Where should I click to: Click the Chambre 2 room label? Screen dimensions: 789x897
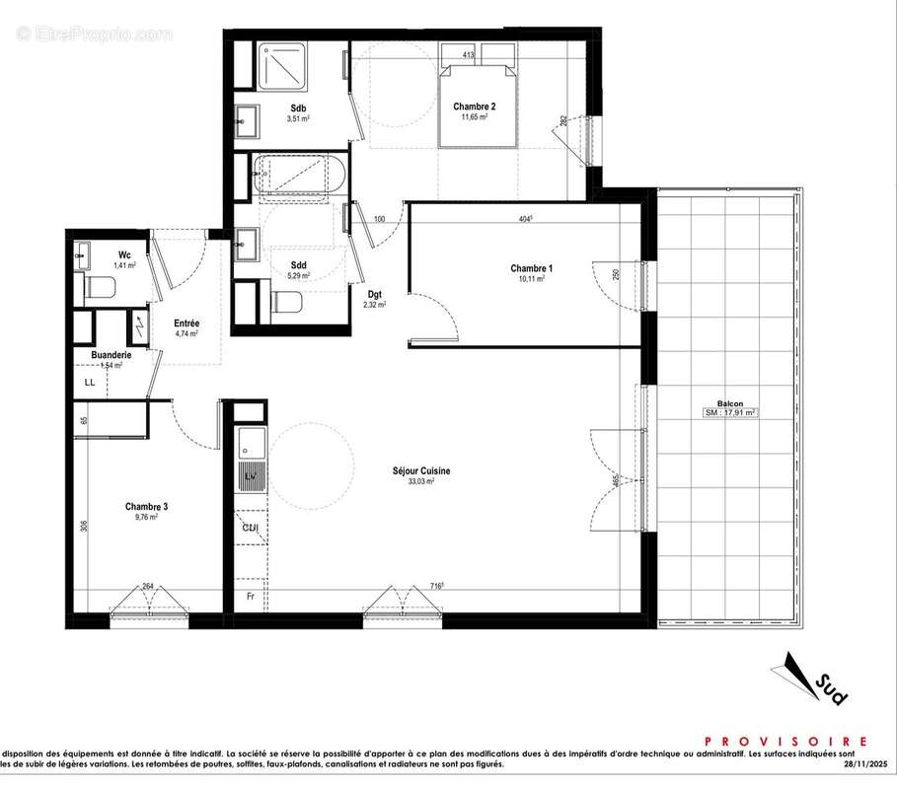pos(474,107)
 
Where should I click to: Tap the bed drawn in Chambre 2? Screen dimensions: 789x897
pos(478,99)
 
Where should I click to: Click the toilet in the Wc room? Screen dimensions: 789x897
pos(100,288)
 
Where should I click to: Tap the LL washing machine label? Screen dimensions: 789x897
pos(90,381)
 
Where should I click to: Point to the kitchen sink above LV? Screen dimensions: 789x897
pos(252,445)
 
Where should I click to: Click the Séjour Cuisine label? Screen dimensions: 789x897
pos(420,471)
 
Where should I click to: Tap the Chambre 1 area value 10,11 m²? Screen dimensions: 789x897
pos(532,279)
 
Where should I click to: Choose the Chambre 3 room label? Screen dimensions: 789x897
pos(146,507)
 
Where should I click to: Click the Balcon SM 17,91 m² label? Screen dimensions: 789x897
pos(730,413)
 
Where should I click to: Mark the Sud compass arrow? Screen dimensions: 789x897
pos(809,678)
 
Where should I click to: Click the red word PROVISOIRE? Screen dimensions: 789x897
pos(785,741)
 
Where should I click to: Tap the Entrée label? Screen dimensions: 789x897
pos(187,323)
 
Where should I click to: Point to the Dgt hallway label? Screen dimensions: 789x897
pos(375,294)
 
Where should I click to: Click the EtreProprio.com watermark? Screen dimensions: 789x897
pos(95,34)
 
